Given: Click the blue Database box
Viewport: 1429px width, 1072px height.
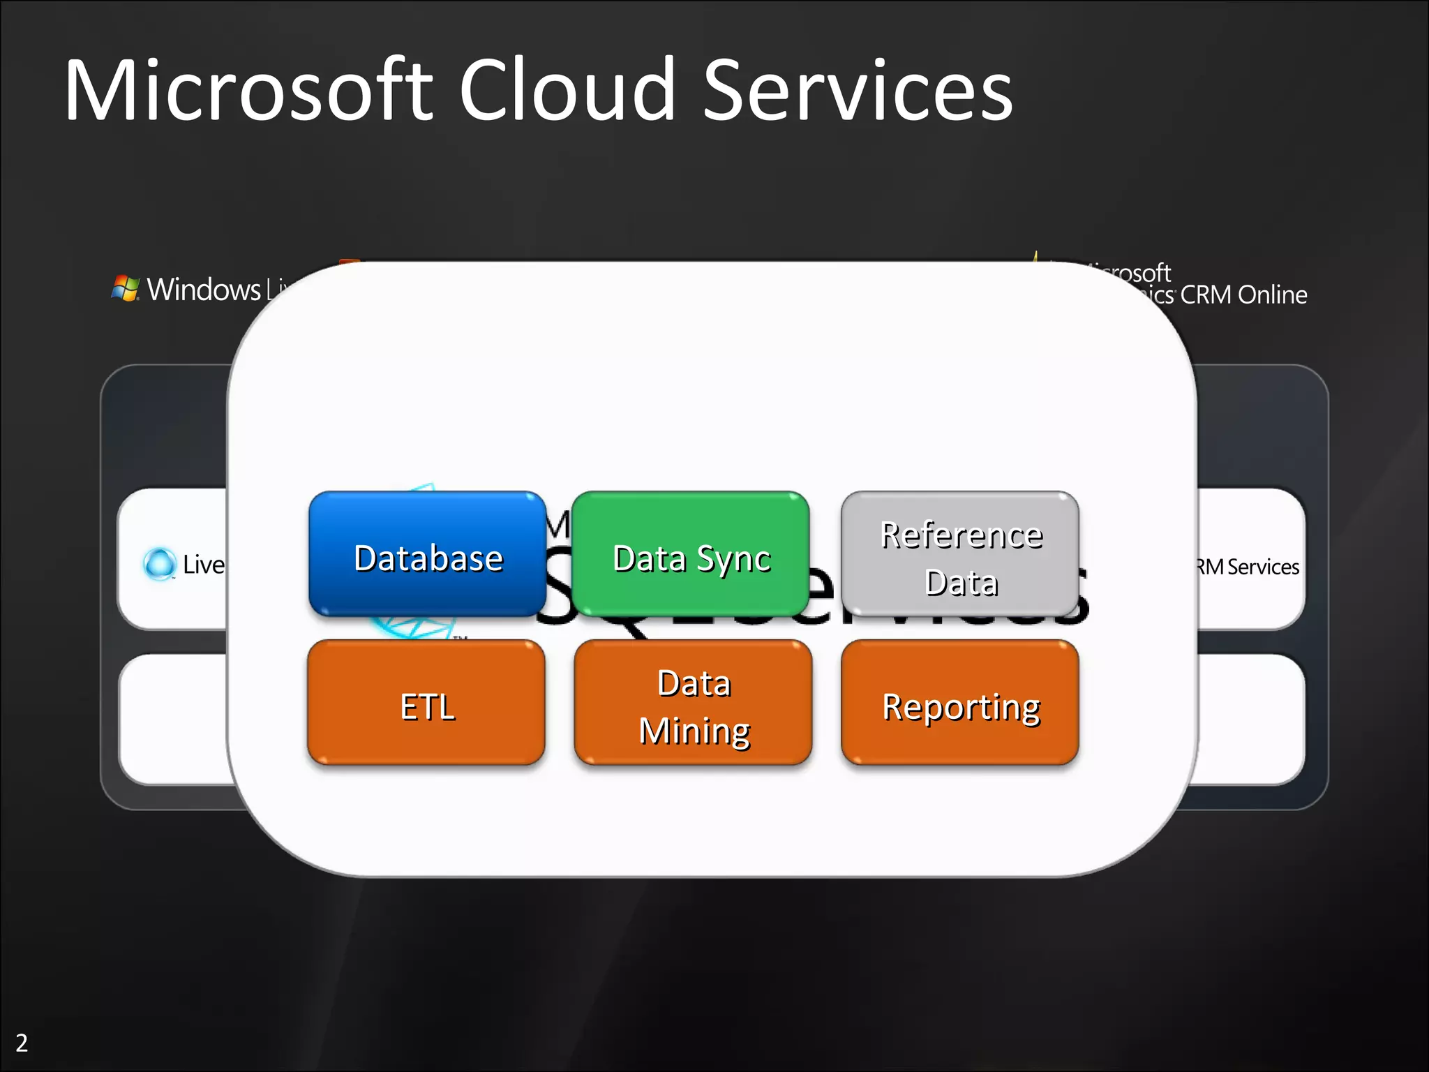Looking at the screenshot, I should pyautogui.click(x=427, y=554).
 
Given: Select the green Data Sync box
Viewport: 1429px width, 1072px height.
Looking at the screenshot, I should pyautogui.click(x=691, y=554).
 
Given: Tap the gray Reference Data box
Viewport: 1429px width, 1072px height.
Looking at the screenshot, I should pyautogui.click(x=960, y=554).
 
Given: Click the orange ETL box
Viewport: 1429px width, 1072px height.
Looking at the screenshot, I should pyautogui.click(x=426, y=703).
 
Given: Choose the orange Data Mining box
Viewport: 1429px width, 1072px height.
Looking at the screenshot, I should pyautogui.click(x=693, y=703).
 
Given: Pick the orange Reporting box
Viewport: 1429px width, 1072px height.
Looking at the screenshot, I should pyautogui.click(x=960, y=703).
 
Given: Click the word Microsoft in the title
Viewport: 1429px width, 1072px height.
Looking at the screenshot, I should pyautogui.click(x=248, y=91).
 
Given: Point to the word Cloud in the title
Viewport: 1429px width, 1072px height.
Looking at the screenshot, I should pyautogui.click(x=567, y=91).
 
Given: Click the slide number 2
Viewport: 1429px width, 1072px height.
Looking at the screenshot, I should pyautogui.click(x=22, y=1043).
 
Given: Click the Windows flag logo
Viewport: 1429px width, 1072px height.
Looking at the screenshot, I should pyautogui.click(x=126, y=288).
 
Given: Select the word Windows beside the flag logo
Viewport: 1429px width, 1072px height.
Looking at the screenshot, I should pyautogui.click(x=204, y=289).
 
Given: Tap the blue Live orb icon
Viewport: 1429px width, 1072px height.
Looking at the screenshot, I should pyautogui.click(x=160, y=564).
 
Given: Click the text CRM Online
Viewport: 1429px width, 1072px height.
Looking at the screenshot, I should pyautogui.click(x=1243, y=295).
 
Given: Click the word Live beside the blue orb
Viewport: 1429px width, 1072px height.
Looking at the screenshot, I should pyautogui.click(x=204, y=565).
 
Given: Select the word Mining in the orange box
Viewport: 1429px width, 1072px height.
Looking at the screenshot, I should pyautogui.click(x=694, y=731).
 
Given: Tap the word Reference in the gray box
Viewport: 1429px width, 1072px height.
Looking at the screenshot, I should pyautogui.click(x=961, y=535).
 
